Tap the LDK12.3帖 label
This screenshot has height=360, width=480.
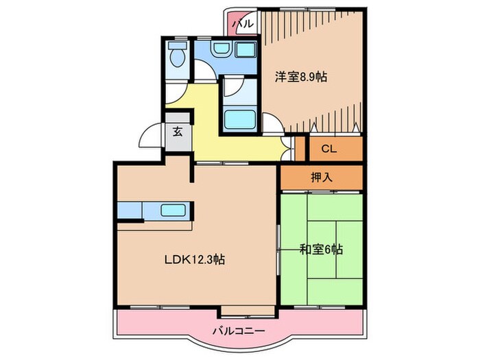point(194,259)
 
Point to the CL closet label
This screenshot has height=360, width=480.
point(328,149)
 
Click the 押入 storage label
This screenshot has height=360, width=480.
point(321,176)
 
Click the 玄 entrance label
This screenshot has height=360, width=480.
point(178,132)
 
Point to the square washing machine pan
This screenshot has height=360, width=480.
point(244,51)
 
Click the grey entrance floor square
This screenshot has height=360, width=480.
point(178,132)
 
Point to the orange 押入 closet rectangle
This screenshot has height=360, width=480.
point(321,176)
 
